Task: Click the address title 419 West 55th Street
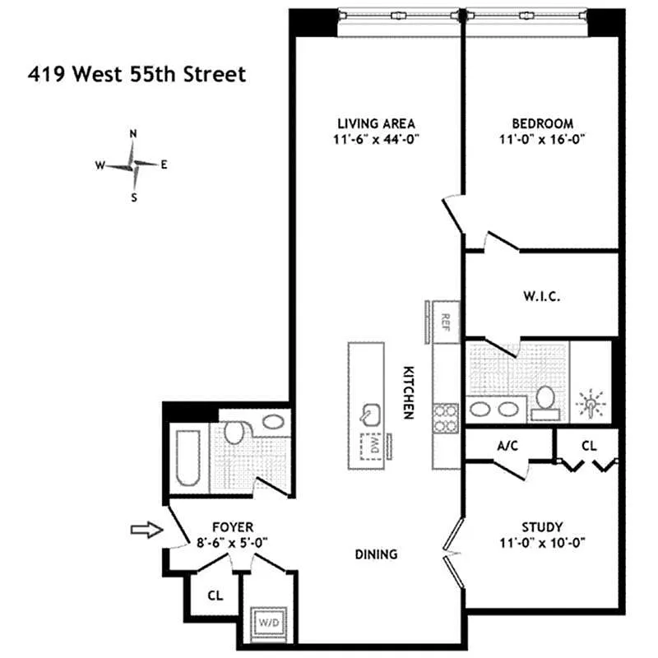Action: coord(137,75)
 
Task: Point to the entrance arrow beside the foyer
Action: coord(146,531)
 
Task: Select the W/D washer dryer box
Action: coord(270,623)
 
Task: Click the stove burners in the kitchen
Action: coord(445,417)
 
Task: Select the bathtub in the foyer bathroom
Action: coord(185,456)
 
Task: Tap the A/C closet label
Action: coord(507,445)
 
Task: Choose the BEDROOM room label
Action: coord(543,123)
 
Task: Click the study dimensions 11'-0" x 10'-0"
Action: coord(543,543)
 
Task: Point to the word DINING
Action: coord(378,554)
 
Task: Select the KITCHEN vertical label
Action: coord(406,393)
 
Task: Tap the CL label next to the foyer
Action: coord(215,594)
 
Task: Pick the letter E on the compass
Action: coord(164,164)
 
